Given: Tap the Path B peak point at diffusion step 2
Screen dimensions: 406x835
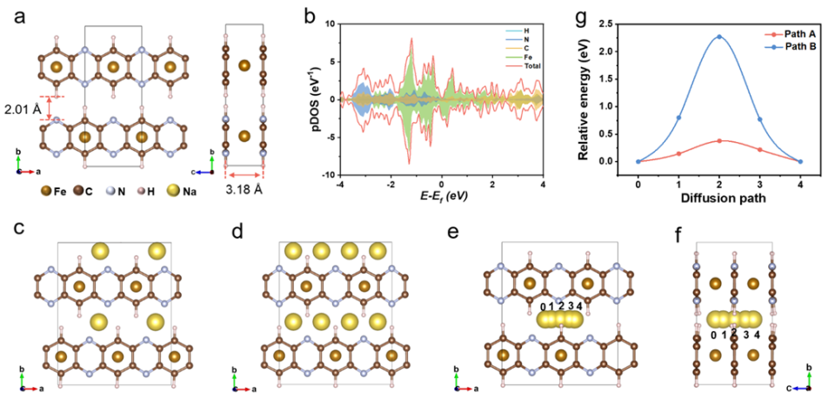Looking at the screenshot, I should coord(719,37).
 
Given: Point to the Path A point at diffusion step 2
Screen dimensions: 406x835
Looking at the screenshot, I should coord(719,141).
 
